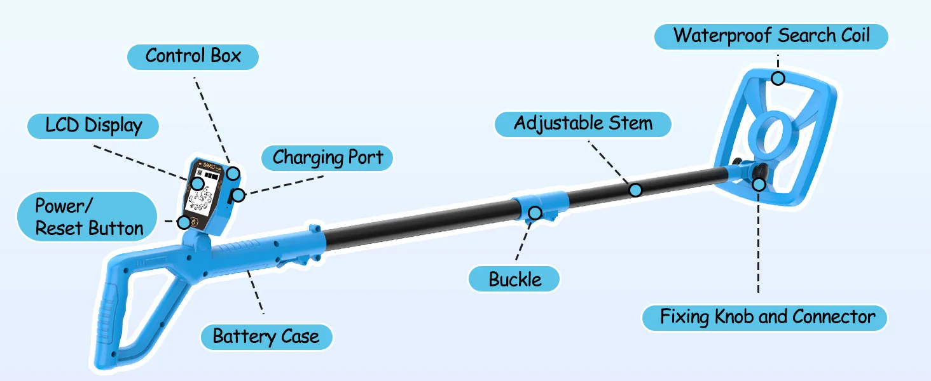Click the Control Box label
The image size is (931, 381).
[x=193, y=56]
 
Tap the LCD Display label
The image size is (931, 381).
[x=93, y=125]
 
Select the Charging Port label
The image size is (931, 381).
[x=328, y=157]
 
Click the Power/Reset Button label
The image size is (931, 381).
[x=88, y=217]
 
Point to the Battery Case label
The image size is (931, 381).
[x=266, y=336]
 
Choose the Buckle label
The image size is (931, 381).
[x=515, y=279]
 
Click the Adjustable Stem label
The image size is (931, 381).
[x=583, y=123]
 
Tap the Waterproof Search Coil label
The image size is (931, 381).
[x=771, y=35]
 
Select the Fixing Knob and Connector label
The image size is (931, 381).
[x=767, y=316]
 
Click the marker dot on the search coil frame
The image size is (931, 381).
[x=778, y=78]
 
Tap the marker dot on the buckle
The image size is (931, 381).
[x=536, y=213]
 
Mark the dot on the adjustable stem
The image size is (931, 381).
[x=635, y=189]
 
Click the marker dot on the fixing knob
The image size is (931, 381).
[x=758, y=184]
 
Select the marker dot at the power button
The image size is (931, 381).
[x=184, y=222]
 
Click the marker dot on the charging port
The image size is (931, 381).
[x=238, y=195]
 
